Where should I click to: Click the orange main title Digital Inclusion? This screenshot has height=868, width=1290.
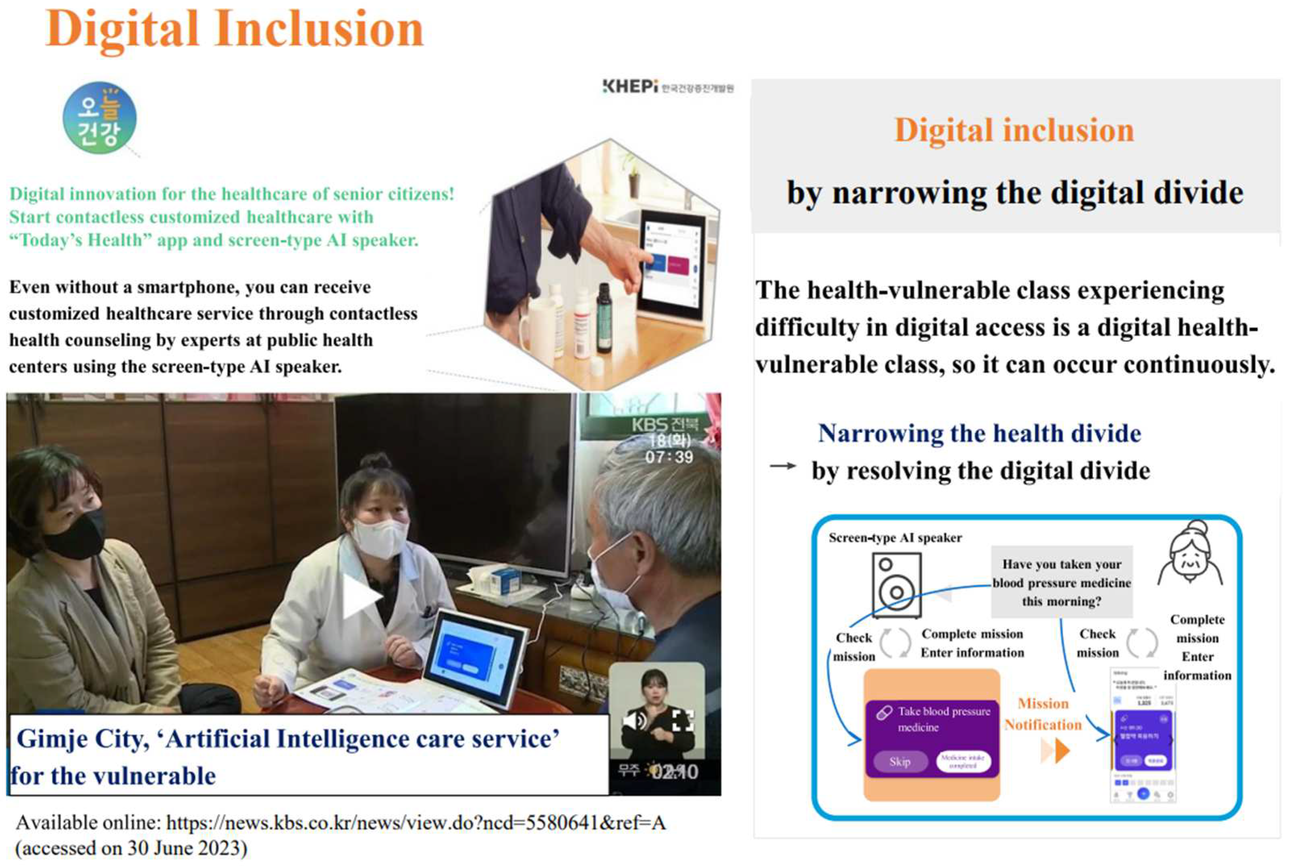[x=234, y=29]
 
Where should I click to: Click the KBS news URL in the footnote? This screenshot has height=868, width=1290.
[x=415, y=823]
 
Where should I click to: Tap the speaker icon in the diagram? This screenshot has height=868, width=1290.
[x=896, y=585]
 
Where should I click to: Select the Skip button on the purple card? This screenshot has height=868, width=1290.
[x=899, y=762]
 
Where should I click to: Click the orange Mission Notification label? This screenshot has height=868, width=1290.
[x=1043, y=714]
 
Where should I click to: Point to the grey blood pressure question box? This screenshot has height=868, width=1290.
[x=1061, y=582]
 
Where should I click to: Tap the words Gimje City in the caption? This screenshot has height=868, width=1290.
[x=83, y=739]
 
